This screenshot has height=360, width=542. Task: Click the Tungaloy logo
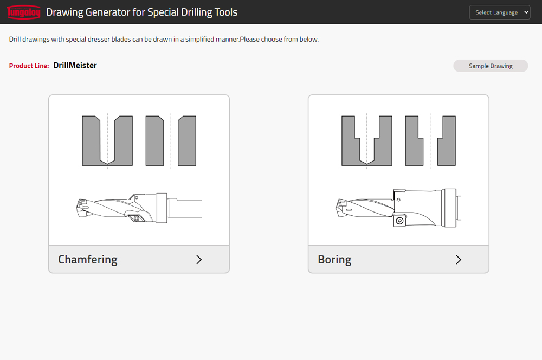(24, 12)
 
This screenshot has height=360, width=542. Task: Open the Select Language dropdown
(499, 12)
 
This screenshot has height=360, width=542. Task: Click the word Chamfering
(87, 259)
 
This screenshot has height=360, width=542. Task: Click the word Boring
(334, 259)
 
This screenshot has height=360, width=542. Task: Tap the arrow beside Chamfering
(199, 259)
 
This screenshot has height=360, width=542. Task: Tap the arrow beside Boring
(459, 259)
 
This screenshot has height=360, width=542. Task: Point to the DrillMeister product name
(75, 66)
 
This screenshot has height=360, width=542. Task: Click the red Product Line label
(29, 66)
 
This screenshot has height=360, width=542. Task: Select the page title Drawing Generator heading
(141, 12)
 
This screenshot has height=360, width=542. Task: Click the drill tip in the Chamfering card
(82, 207)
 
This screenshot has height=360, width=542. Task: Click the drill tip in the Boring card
(341, 207)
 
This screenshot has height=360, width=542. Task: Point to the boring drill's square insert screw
(399, 221)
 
